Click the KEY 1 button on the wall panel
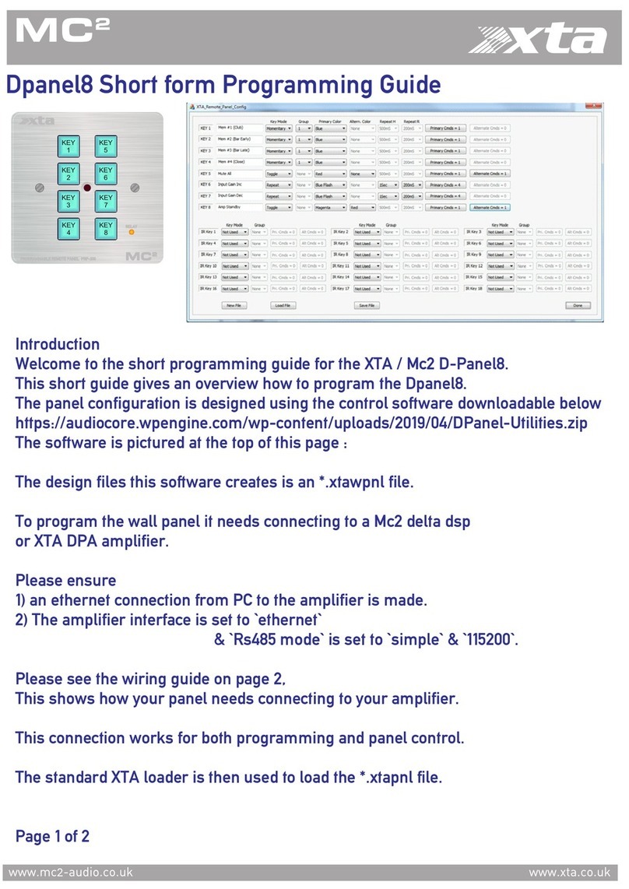(x=69, y=146)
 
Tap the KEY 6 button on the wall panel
(x=105, y=174)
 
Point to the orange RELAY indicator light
(x=132, y=231)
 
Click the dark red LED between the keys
(x=86, y=188)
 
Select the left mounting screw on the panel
(x=38, y=188)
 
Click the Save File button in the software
(x=367, y=306)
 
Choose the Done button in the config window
(x=577, y=306)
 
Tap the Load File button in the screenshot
(x=283, y=306)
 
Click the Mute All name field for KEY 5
(x=238, y=173)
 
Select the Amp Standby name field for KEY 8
(x=238, y=208)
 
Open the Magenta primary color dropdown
(x=331, y=208)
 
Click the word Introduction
(x=58, y=344)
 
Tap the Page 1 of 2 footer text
(x=52, y=837)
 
